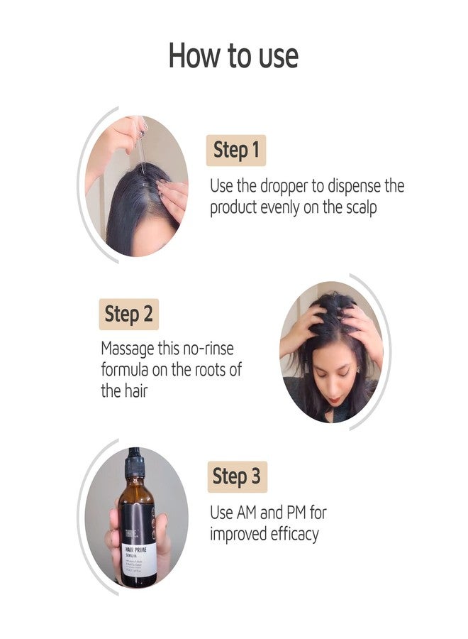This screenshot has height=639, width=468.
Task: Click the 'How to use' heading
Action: [x=233, y=56]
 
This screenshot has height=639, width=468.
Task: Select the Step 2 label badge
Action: [x=128, y=314]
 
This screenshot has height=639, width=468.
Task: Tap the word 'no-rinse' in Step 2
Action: [x=206, y=349]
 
